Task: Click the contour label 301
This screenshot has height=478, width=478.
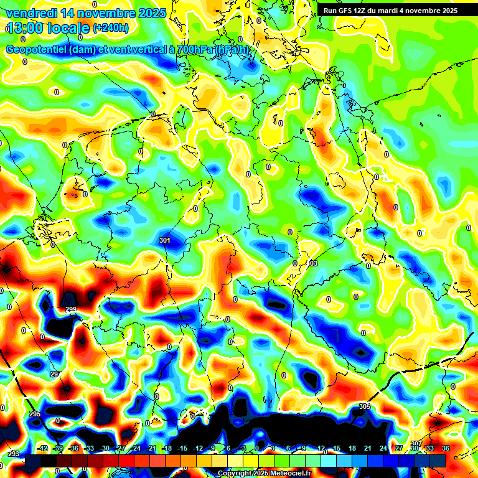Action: (165, 240)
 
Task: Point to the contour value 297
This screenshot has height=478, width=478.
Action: (55, 374)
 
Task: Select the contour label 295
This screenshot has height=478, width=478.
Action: (34, 414)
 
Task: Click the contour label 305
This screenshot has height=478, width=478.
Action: (365, 406)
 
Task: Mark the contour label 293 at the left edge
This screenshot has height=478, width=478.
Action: (14, 454)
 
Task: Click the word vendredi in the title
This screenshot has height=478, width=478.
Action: (32, 14)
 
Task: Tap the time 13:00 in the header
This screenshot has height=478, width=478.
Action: (26, 28)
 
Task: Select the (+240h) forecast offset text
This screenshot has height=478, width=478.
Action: (111, 28)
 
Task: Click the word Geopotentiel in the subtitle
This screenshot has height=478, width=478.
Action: (37, 50)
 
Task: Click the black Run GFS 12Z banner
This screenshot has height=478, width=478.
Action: (390, 10)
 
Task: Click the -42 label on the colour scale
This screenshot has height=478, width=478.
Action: (43, 448)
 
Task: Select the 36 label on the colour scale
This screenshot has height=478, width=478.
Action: (446, 448)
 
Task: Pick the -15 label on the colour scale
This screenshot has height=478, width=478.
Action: (182, 448)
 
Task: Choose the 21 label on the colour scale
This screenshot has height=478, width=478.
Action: (368, 448)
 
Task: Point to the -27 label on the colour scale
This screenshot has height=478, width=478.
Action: (121, 448)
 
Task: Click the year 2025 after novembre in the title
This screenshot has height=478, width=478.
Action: (152, 14)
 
